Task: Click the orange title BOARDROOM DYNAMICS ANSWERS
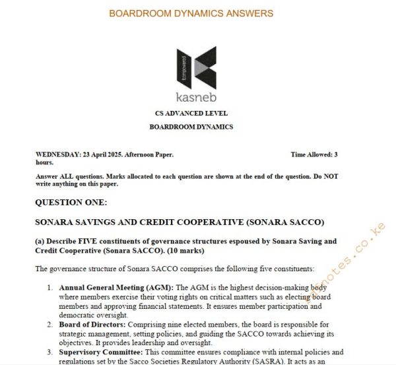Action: [x=191, y=13]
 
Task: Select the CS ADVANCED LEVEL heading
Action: [x=191, y=114]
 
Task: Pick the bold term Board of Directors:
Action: [x=92, y=325]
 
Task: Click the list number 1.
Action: [x=49, y=288]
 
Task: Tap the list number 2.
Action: [x=49, y=325]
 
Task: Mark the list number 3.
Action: [x=49, y=352]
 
